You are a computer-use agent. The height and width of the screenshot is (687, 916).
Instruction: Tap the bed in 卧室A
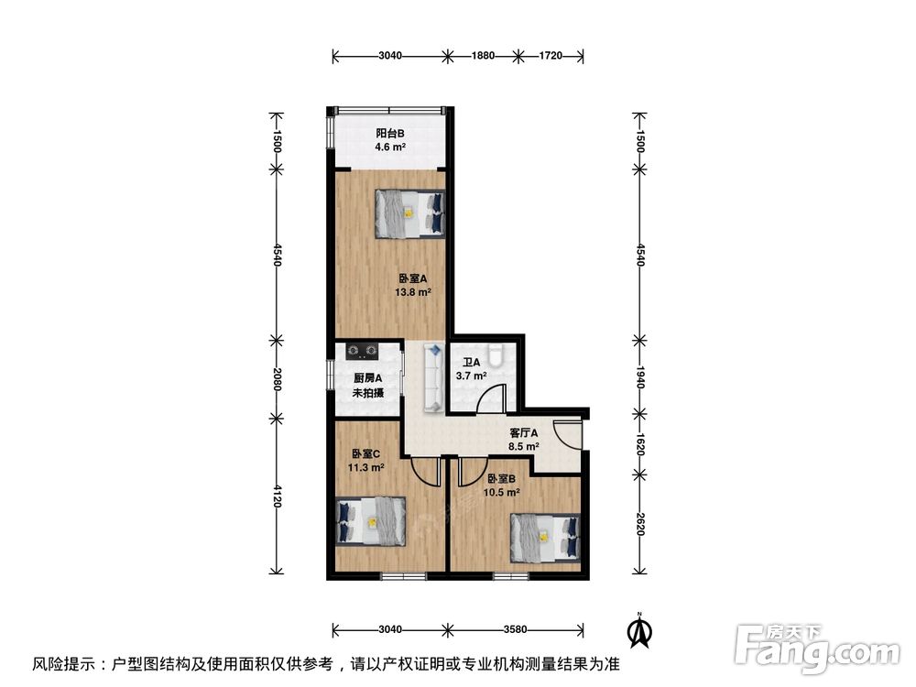(409, 214)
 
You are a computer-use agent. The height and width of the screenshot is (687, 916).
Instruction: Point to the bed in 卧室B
(545, 535)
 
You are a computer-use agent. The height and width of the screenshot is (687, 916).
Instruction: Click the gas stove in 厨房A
(358, 349)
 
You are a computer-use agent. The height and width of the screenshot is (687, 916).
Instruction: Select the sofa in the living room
(433, 377)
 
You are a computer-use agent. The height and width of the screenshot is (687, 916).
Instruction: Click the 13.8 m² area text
(413, 292)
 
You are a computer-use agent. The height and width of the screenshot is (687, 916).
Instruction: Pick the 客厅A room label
(523, 433)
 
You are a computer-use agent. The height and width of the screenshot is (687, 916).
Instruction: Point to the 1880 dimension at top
(483, 56)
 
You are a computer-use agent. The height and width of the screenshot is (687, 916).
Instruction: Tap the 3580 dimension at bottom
(515, 629)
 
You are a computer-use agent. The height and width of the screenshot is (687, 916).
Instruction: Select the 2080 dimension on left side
(276, 378)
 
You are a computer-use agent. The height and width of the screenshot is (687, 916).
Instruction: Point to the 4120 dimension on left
(276, 499)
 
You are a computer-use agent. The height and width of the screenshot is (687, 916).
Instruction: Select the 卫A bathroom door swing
(495, 399)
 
